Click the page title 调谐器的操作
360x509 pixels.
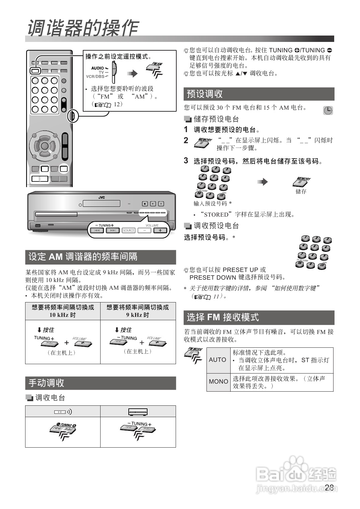point(82,27)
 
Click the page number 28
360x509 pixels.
point(329,488)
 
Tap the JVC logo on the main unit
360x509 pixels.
point(101,197)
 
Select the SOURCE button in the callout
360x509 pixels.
point(129,230)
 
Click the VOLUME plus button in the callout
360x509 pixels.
point(160,230)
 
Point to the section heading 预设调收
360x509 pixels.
point(205,94)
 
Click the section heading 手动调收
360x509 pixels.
point(46,383)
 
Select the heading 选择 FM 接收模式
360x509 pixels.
point(223,317)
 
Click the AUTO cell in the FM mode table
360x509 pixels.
point(218,360)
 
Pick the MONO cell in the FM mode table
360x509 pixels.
point(218,382)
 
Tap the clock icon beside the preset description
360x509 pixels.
point(328,110)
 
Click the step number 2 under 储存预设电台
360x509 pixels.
point(186,140)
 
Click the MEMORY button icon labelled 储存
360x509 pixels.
point(302,182)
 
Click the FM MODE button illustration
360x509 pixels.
point(194,355)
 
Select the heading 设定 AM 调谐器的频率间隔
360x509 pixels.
point(83,257)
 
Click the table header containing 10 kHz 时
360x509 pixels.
point(63,311)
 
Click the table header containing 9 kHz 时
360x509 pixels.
point(138,311)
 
